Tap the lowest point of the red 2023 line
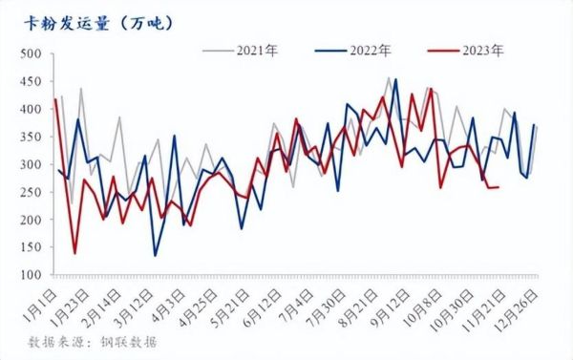coord(74,254)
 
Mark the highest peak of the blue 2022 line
coord(395,79)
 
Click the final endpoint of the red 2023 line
coord(499,186)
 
